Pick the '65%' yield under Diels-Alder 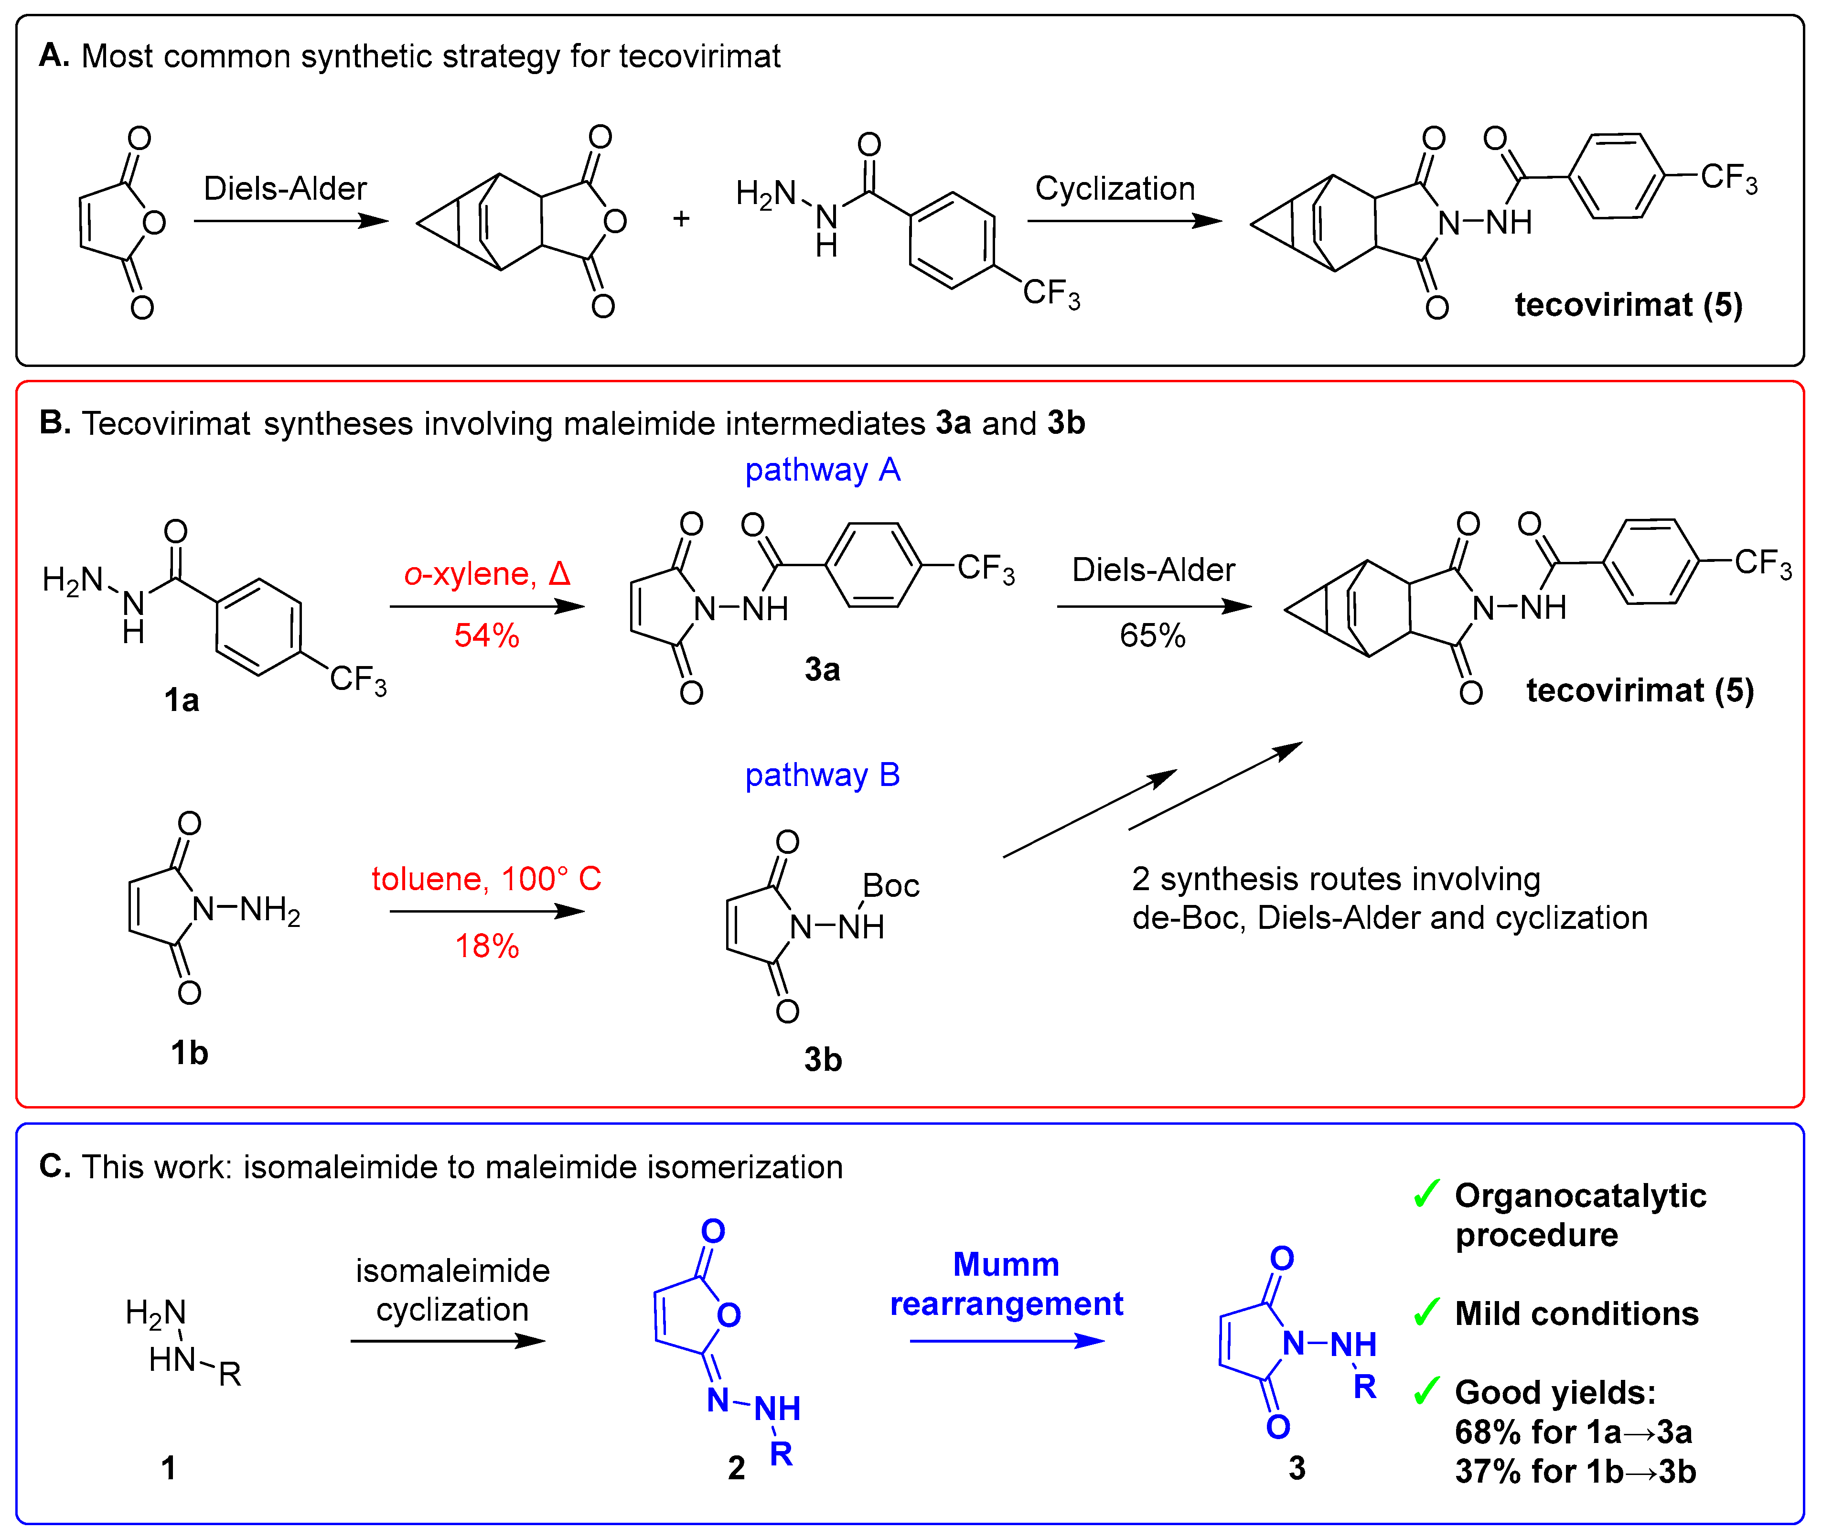[1152, 635]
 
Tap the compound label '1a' [182, 700]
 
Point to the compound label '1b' [189, 1053]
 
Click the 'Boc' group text [890, 885]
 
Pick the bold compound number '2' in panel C [736, 1468]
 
